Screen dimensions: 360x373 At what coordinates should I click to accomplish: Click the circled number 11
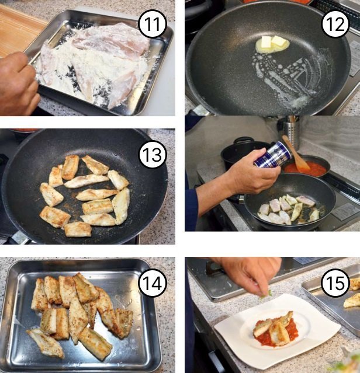[152, 25]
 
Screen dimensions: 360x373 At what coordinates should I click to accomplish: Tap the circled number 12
[335, 25]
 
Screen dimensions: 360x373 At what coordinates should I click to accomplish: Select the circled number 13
[152, 154]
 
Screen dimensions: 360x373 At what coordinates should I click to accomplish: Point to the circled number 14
[153, 283]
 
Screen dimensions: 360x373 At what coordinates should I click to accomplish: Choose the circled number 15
[335, 283]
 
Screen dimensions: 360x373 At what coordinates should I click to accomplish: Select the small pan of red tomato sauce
[307, 166]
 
